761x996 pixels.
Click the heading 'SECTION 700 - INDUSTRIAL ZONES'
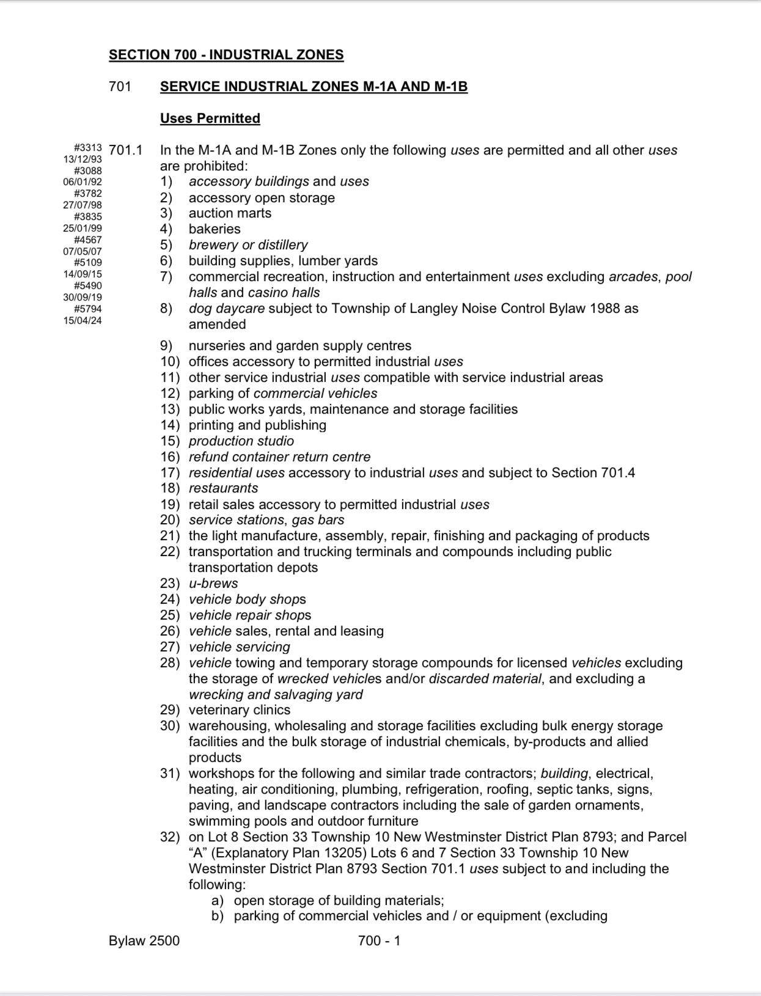(x=226, y=55)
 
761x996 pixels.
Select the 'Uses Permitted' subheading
(x=210, y=119)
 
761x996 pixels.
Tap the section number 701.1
(x=125, y=150)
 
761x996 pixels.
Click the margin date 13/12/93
(x=83, y=159)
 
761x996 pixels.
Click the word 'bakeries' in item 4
(x=215, y=229)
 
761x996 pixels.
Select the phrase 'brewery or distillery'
(x=248, y=245)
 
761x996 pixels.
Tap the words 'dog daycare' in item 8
(x=227, y=309)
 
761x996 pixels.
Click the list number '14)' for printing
(x=170, y=425)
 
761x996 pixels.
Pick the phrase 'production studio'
(x=241, y=441)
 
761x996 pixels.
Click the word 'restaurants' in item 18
(x=223, y=488)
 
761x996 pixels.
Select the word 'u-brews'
(x=213, y=584)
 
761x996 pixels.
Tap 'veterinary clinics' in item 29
(x=240, y=710)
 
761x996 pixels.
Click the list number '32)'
(x=170, y=837)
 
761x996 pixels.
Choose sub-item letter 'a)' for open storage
(x=218, y=901)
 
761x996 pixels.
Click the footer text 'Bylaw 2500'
(x=144, y=941)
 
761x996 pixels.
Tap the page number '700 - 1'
(x=379, y=941)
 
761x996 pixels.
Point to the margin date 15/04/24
(x=83, y=320)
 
